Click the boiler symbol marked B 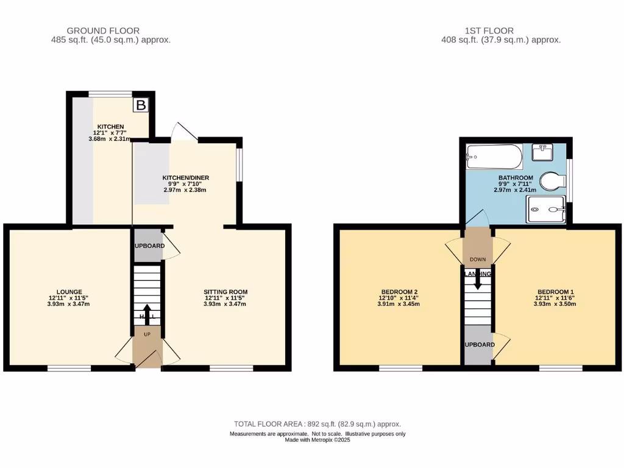[141, 105]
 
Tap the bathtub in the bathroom [494, 158]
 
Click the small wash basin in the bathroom [542, 151]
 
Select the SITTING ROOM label [225, 292]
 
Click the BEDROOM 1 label [555, 292]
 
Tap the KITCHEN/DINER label [185, 177]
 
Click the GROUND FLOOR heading [103, 30]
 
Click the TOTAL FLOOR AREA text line [317, 424]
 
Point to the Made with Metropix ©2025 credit [317, 440]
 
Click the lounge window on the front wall [69, 368]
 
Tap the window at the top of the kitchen [110, 94]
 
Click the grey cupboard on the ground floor [146, 245]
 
